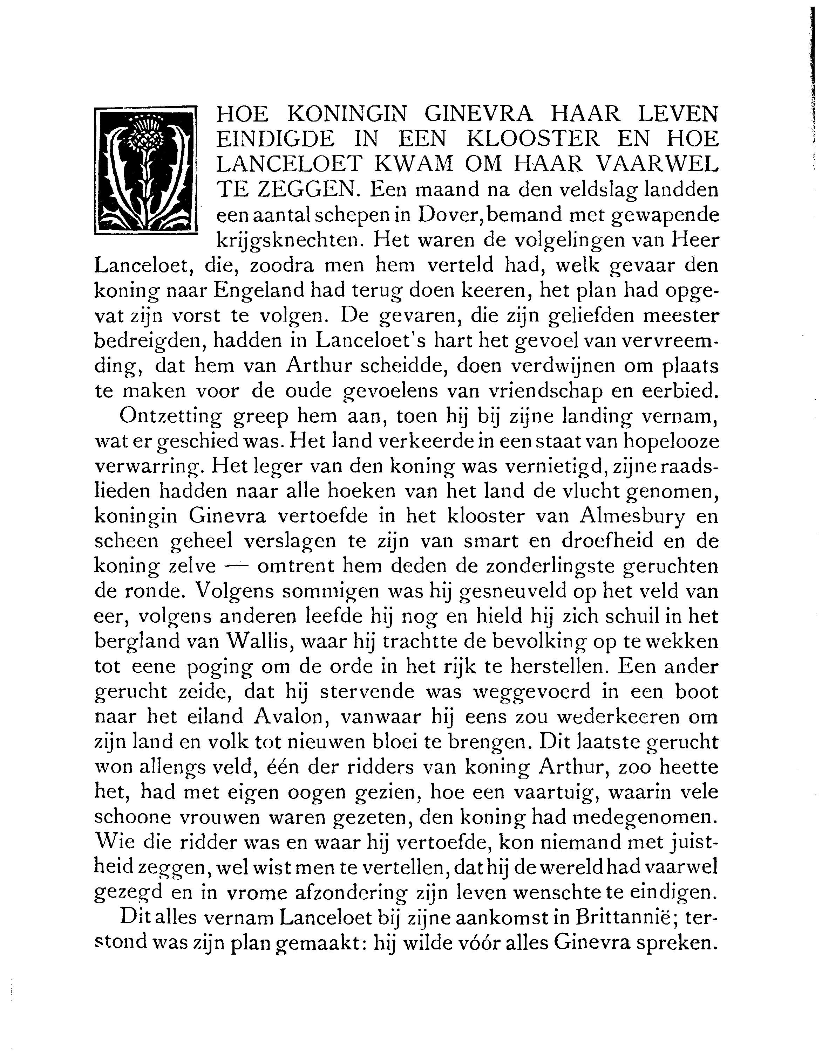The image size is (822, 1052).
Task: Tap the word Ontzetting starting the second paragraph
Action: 171,416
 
